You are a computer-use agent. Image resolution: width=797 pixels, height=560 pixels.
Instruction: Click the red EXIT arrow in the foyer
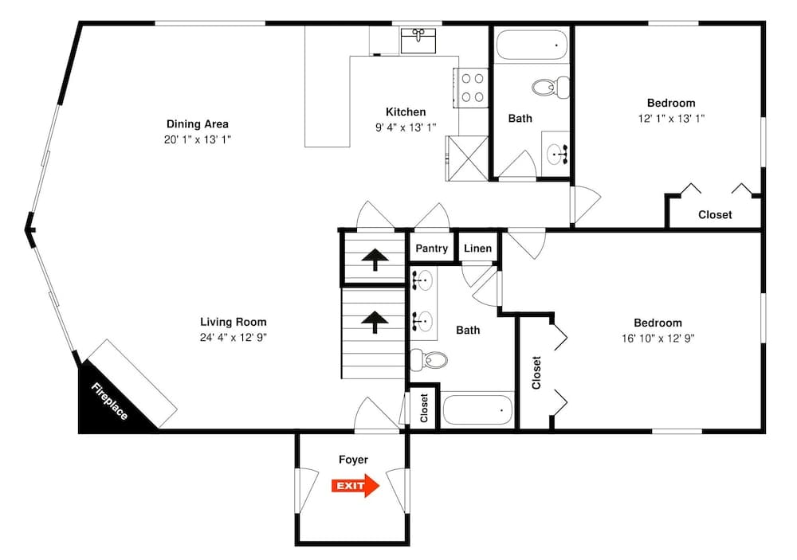[355, 485]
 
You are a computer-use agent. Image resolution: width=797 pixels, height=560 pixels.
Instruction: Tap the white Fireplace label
[109, 402]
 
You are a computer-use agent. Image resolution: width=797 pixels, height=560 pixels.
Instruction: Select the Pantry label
[431, 249]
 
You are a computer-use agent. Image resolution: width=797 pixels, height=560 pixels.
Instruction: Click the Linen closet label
[477, 249]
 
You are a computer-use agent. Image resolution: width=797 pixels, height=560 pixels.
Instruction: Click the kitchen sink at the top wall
[417, 39]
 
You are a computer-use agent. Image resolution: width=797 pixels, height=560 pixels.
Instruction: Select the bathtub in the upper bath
[532, 45]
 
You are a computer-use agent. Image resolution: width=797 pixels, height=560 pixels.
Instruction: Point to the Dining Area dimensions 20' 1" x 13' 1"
[197, 139]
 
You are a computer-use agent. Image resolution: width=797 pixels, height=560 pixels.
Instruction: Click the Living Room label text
[233, 322]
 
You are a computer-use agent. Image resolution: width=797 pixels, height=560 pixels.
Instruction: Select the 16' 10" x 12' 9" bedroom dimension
[658, 337]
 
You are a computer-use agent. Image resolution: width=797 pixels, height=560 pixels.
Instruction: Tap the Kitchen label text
[406, 112]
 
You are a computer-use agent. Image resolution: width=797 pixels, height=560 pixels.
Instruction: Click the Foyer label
[353, 460]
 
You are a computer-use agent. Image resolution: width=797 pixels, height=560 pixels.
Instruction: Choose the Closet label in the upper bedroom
[715, 214]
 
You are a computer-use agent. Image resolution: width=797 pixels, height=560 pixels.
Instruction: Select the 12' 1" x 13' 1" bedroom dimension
[670, 117]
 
